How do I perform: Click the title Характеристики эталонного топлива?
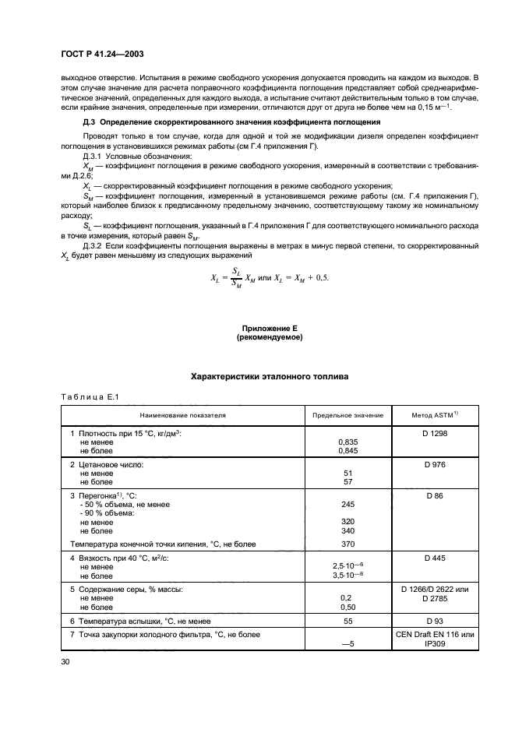[269, 377]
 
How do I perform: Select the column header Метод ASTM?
[435, 415]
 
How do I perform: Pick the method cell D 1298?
[435, 432]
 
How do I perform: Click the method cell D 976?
[435, 464]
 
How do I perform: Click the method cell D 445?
[435, 558]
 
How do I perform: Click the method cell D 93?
[435, 621]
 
